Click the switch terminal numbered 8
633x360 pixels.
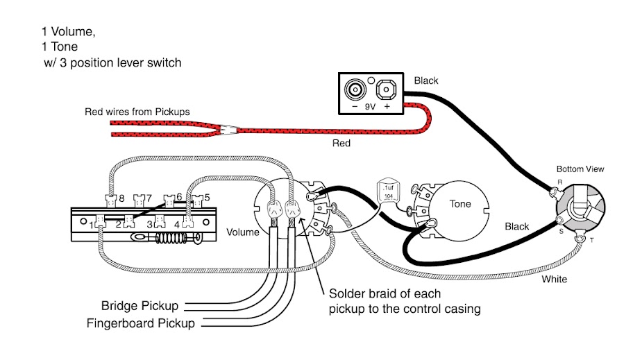pos(110,200)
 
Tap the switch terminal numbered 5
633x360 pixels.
pos(197,200)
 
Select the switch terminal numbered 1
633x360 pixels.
pos(99,221)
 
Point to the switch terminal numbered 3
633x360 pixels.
pos(160,221)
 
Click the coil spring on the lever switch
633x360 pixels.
pos(171,238)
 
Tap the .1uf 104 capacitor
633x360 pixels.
pos(388,191)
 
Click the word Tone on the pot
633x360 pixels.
pos(460,204)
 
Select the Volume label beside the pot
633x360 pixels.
pos(243,232)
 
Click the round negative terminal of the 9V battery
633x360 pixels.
pos(355,89)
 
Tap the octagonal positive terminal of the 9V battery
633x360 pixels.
pos(386,89)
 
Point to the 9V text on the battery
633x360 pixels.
pos(370,107)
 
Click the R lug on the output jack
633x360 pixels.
pos(554,191)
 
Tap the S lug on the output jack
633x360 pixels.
pos(560,221)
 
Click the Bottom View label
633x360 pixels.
pos(580,169)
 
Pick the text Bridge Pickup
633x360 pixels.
pos(140,305)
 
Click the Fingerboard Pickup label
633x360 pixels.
pos(140,323)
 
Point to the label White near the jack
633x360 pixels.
pos(555,280)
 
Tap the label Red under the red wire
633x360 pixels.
pos(341,143)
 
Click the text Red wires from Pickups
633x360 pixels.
pos(137,112)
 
